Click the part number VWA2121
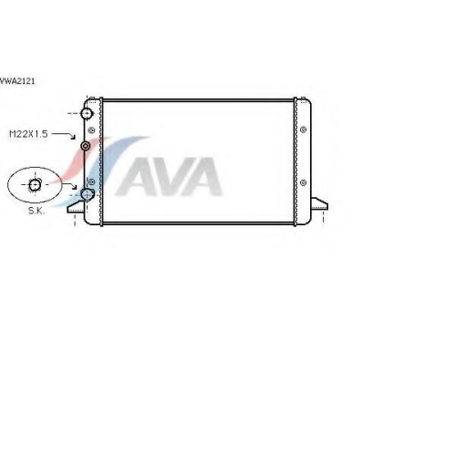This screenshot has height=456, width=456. coord(17,81)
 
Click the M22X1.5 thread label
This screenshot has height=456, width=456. coord(28,134)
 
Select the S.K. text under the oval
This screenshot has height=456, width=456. coord(36,211)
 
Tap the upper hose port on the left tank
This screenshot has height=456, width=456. coord(87,113)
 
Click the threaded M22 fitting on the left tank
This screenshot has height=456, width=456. coord(86,146)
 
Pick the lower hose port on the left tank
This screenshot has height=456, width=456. coord(88,194)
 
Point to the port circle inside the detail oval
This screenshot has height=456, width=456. coord(35,184)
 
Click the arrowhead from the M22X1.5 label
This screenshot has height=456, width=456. coord(73,137)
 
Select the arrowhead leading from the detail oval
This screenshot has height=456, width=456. coord(74,186)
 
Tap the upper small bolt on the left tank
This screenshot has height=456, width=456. coord(91,130)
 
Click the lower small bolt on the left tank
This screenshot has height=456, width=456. coord(91,181)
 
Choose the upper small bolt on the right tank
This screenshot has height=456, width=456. coord(303,130)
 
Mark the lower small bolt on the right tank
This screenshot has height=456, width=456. coord(303,182)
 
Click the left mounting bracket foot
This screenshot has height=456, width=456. coord(76,207)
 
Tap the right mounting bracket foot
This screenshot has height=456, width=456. coord(319,203)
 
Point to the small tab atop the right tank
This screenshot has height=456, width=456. coord(303,98)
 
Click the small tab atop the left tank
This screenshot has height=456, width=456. coord(93,98)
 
